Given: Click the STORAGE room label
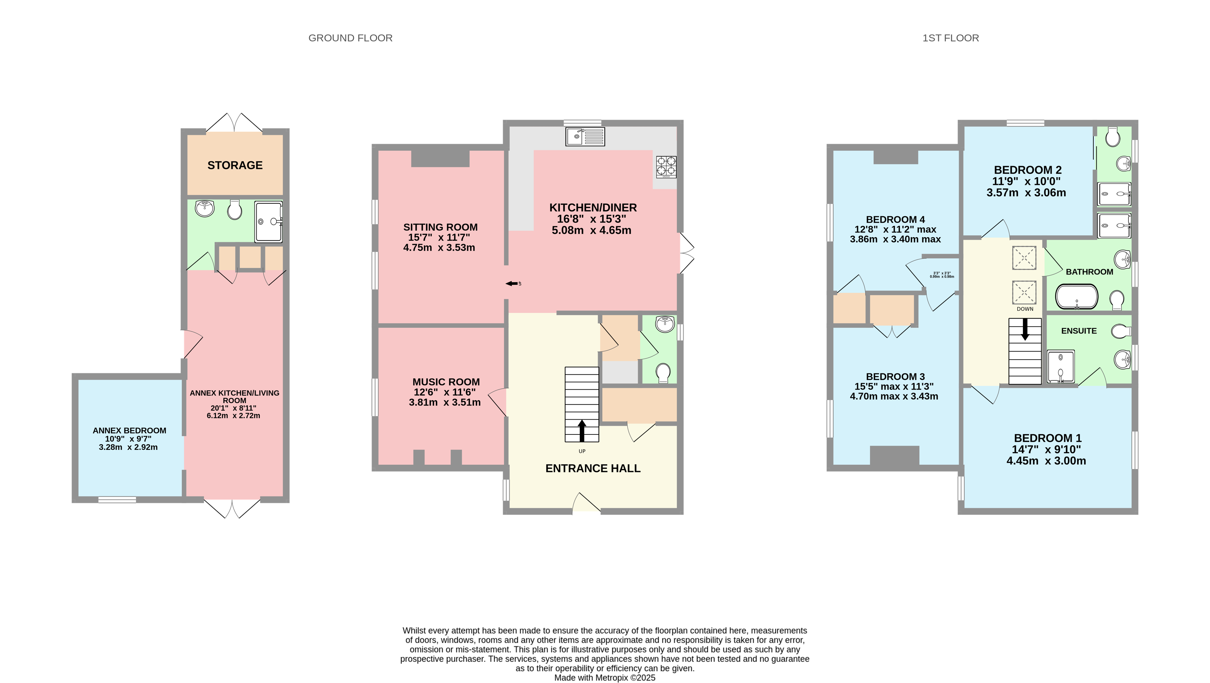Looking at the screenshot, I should [235, 165].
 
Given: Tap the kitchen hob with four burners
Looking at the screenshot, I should [666, 167].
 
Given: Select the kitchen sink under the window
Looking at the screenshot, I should [585, 137].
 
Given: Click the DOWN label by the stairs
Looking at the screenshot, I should [1025, 309].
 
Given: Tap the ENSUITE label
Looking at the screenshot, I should [1079, 331].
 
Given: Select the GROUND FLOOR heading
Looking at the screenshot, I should [350, 38].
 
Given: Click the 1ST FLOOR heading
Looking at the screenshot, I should [950, 38].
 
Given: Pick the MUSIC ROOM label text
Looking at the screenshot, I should [446, 382].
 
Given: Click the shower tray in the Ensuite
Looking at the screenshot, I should [1061, 366].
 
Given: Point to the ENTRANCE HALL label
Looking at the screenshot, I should [593, 469].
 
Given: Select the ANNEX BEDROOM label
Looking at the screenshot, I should [129, 431].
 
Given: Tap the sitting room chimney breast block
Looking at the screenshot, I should [440, 158].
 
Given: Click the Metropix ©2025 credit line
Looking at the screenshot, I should [604, 677].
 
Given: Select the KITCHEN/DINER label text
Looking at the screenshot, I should [593, 208].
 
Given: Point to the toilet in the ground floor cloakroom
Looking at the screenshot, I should [663, 373].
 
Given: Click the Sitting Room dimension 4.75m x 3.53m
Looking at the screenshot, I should [439, 248].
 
